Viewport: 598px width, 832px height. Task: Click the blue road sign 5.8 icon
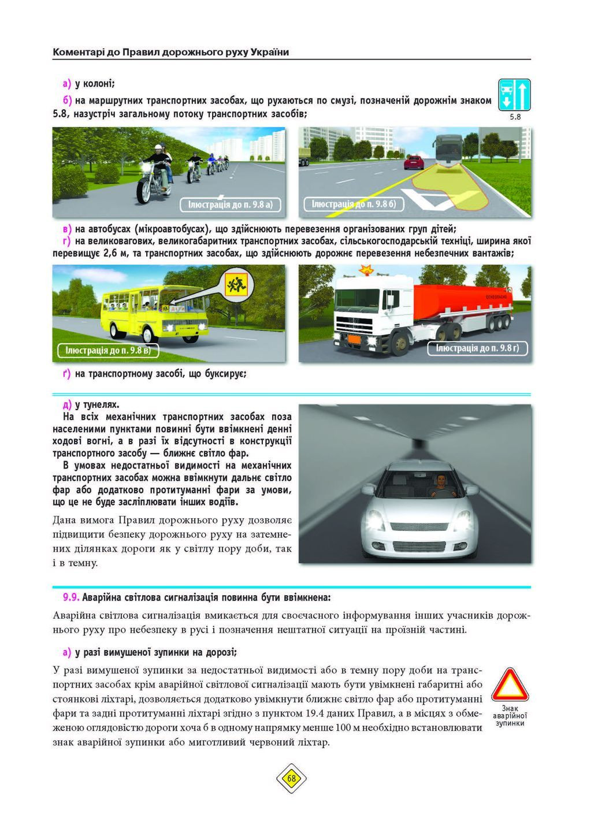(x=514, y=94)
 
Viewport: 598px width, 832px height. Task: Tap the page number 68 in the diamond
(x=291, y=778)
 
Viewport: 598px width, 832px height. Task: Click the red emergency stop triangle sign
(x=508, y=686)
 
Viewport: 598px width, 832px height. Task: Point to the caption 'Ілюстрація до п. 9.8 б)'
(x=354, y=205)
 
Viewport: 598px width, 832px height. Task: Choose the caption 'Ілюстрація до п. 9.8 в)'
(x=108, y=351)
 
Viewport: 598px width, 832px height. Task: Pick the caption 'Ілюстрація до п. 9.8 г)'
(x=477, y=348)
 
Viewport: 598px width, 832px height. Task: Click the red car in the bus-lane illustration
(x=414, y=162)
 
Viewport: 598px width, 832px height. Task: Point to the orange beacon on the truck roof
(x=365, y=269)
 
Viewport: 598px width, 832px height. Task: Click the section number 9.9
(x=72, y=596)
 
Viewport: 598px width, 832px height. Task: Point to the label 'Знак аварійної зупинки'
(x=510, y=716)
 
